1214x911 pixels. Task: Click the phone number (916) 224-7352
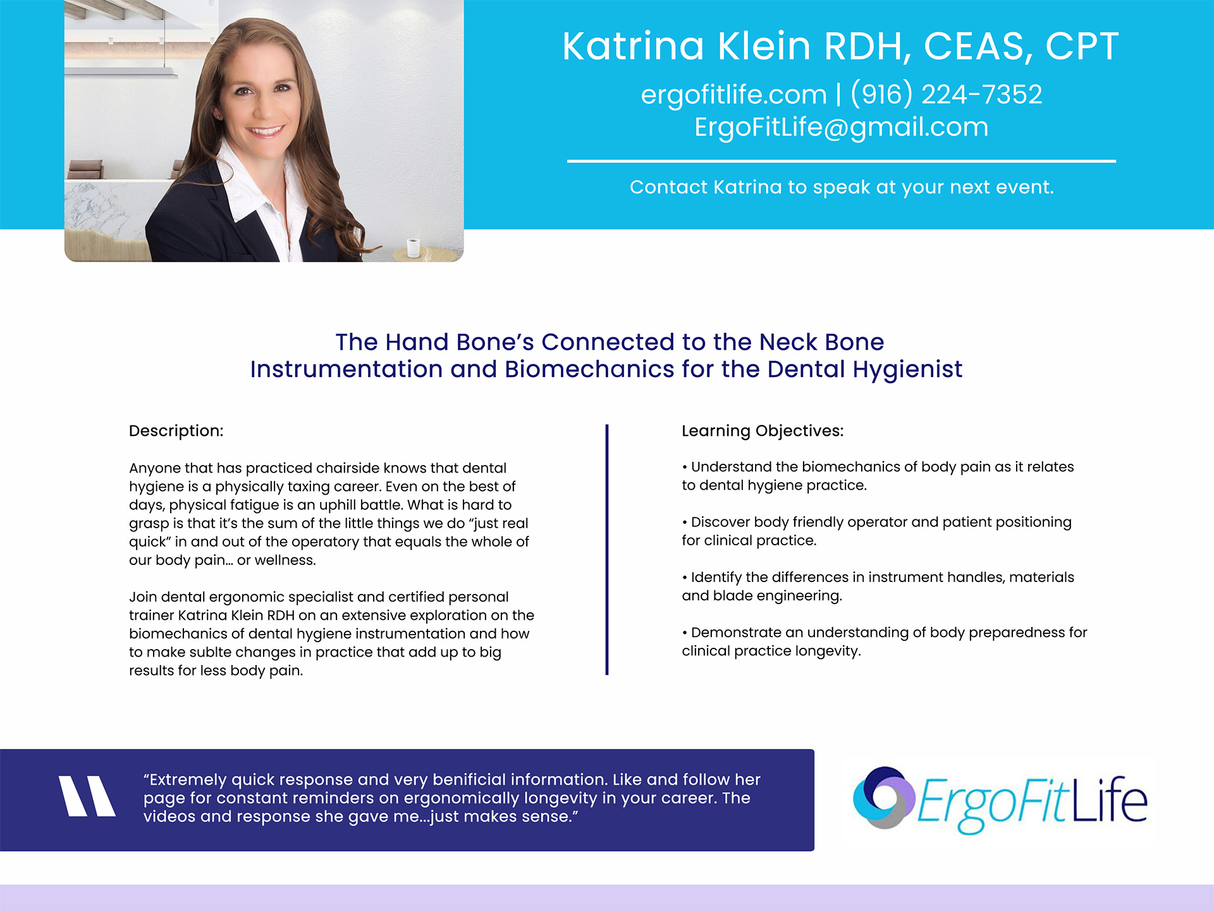[947, 94]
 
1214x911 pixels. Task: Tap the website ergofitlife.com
[733, 95]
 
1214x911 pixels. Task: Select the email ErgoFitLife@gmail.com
[841, 127]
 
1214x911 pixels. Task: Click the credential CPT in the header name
[1082, 46]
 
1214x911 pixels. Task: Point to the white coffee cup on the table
[413, 247]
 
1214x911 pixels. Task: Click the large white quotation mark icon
[87, 796]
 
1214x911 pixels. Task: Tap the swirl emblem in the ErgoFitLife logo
[883, 798]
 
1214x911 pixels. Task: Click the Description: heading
[176, 431]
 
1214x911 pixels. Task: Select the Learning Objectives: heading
[763, 431]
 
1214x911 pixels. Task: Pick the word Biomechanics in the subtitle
[589, 369]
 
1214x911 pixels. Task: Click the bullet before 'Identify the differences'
[685, 578]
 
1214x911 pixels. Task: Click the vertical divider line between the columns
[607, 550]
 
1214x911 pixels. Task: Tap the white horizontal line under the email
[842, 161]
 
